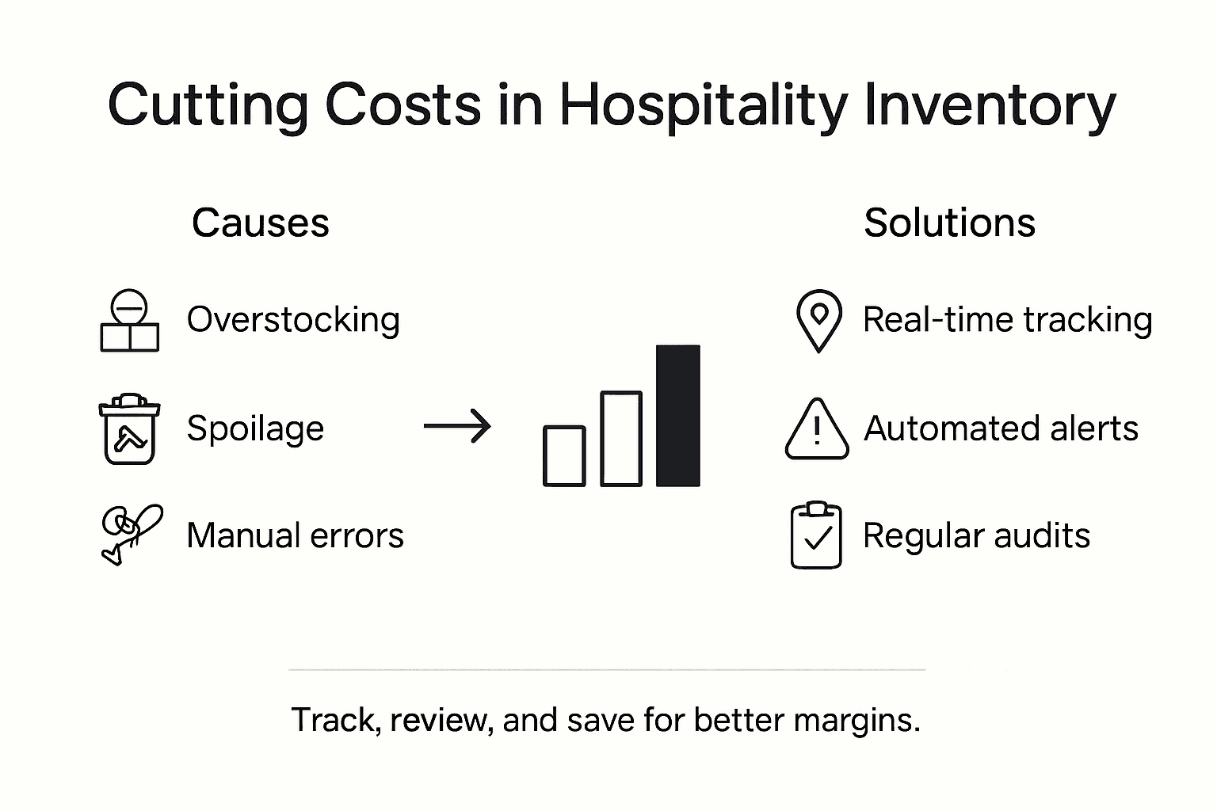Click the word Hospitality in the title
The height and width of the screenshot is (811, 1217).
pyautogui.click(x=704, y=105)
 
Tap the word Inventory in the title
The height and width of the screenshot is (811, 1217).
pyautogui.click(x=990, y=105)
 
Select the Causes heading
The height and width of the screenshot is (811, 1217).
pyautogui.click(x=260, y=223)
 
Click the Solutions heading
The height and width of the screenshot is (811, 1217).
pyautogui.click(x=949, y=223)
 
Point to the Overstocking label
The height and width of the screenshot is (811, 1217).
pyautogui.click(x=293, y=320)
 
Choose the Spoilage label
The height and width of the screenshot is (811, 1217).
pyautogui.click(x=255, y=428)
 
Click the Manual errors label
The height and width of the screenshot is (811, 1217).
pyautogui.click(x=295, y=535)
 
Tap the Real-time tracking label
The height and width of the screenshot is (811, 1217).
pyautogui.click(x=1007, y=320)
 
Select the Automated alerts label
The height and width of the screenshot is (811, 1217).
pyautogui.click(x=1001, y=428)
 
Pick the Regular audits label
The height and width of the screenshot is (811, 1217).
pyautogui.click(x=976, y=535)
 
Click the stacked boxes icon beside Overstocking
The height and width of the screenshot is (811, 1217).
pyautogui.click(x=129, y=321)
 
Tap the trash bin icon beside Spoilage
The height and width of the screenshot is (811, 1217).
pyautogui.click(x=129, y=428)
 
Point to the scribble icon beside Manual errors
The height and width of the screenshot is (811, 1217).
pyautogui.click(x=131, y=534)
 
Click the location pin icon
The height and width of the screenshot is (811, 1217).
pyautogui.click(x=818, y=320)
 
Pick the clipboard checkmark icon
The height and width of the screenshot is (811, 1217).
pyautogui.click(x=817, y=535)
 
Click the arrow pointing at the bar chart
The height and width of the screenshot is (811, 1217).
pyautogui.click(x=457, y=427)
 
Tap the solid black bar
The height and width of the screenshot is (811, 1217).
pyautogui.click(x=677, y=415)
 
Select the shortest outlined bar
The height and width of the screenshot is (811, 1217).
pyautogui.click(x=564, y=455)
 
